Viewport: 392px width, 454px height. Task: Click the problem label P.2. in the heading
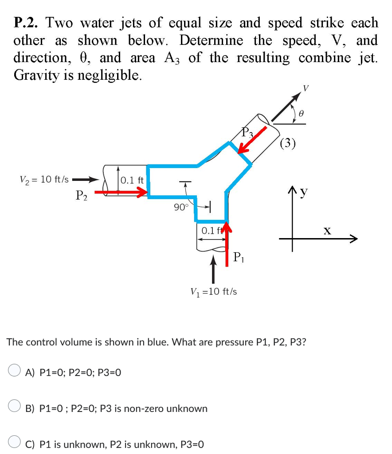pos(27,23)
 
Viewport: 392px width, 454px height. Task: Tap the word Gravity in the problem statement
pos(35,75)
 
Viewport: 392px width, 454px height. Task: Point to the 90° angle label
pos(181,207)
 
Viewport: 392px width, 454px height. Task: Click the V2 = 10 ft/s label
pos(44,180)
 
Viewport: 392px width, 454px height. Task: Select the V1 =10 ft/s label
pos(213,291)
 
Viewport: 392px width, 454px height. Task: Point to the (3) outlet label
pos(289,143)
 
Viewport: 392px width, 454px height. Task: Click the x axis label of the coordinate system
pos(327,231)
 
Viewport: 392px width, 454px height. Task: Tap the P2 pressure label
pos(80,195)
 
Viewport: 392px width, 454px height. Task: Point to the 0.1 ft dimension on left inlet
pos(132,180)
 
